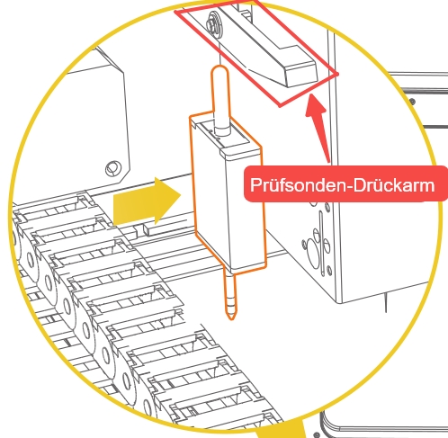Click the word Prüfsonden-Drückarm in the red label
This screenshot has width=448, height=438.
coord(342,185)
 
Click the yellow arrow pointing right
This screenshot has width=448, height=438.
coord(147,201)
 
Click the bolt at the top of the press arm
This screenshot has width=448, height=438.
coord(214,22)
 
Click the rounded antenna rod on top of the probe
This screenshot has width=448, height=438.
coord(220,97)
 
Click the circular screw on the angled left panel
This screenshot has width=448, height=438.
coord(113,168)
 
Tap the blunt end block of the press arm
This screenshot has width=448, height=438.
coord(300,72)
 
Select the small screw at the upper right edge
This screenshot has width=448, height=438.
coord(413,102)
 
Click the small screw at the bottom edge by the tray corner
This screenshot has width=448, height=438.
coord(317,434)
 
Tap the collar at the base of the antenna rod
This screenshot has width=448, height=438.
coord(222,130)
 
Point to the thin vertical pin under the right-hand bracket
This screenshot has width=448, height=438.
coord(386,303)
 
